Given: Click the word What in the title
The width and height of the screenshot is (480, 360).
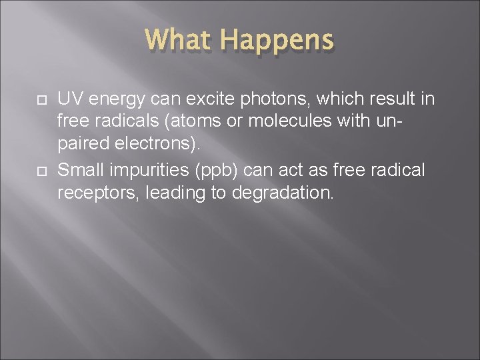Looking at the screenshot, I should coord(179,40).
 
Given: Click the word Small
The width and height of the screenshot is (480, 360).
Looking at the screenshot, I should coord(79,171).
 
